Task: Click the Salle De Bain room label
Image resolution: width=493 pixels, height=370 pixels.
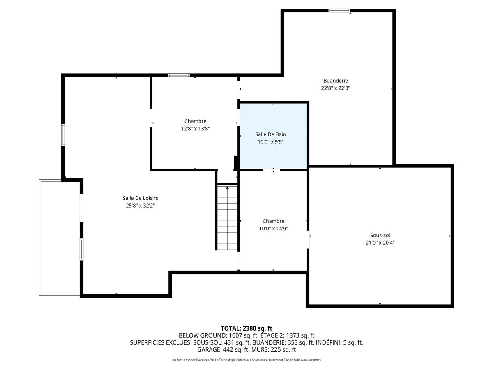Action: (270, 134)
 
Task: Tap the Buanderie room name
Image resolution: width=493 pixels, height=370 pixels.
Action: (335, 81)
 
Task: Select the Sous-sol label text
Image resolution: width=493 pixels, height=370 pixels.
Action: (380, 235)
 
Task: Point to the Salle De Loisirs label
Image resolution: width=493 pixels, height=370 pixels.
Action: (140, 198)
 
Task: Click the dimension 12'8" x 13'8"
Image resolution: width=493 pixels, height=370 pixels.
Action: (195, 128)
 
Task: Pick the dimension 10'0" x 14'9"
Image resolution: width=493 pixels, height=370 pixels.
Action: (273, 228)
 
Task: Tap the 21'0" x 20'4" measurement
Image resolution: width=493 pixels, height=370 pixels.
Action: (380, 243)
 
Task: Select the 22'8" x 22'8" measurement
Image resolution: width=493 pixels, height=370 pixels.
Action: (335, 88)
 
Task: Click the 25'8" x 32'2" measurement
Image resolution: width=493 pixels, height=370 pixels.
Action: (140, 205)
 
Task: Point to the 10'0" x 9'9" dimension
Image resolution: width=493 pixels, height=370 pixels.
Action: (270, 142)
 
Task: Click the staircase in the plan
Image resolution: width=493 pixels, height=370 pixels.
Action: (227, 218)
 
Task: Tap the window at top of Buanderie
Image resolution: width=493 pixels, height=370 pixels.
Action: (339, 10)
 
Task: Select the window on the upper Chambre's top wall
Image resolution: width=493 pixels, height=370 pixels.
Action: (179, 75)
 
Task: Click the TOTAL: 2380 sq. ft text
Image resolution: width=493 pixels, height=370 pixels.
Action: (246, 328)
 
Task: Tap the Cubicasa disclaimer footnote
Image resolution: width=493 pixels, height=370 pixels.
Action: (246, 360)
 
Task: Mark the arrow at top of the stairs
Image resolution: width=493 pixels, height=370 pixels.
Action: (227, 187)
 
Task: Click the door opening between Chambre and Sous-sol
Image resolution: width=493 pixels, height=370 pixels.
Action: (309, 240)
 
